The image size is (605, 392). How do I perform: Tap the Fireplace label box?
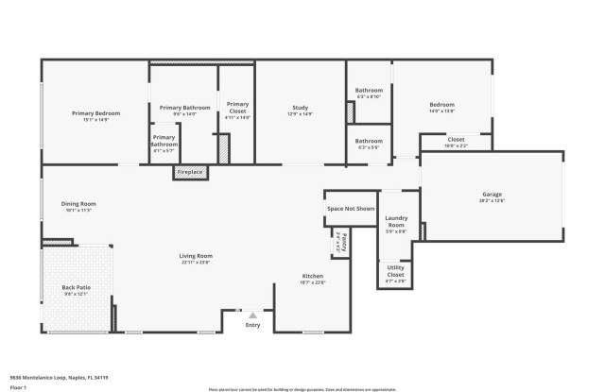(190, 172)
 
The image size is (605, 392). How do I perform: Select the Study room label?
(300, 110)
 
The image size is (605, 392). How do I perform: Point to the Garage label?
(492, 196)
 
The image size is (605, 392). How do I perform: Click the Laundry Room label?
(396, 224)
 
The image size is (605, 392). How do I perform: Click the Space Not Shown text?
(351, 208)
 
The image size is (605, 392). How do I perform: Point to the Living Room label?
(196, 256)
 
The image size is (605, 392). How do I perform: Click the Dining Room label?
(79, 204)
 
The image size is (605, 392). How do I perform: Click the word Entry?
(252, 325)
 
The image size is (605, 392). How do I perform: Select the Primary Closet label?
(237, 107)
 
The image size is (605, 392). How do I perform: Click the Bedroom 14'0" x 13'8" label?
(441, 106)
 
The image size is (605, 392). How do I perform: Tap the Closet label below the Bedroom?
(456, 141)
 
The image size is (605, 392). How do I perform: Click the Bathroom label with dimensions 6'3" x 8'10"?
(369, 93)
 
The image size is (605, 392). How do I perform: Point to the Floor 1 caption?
(18, 386)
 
